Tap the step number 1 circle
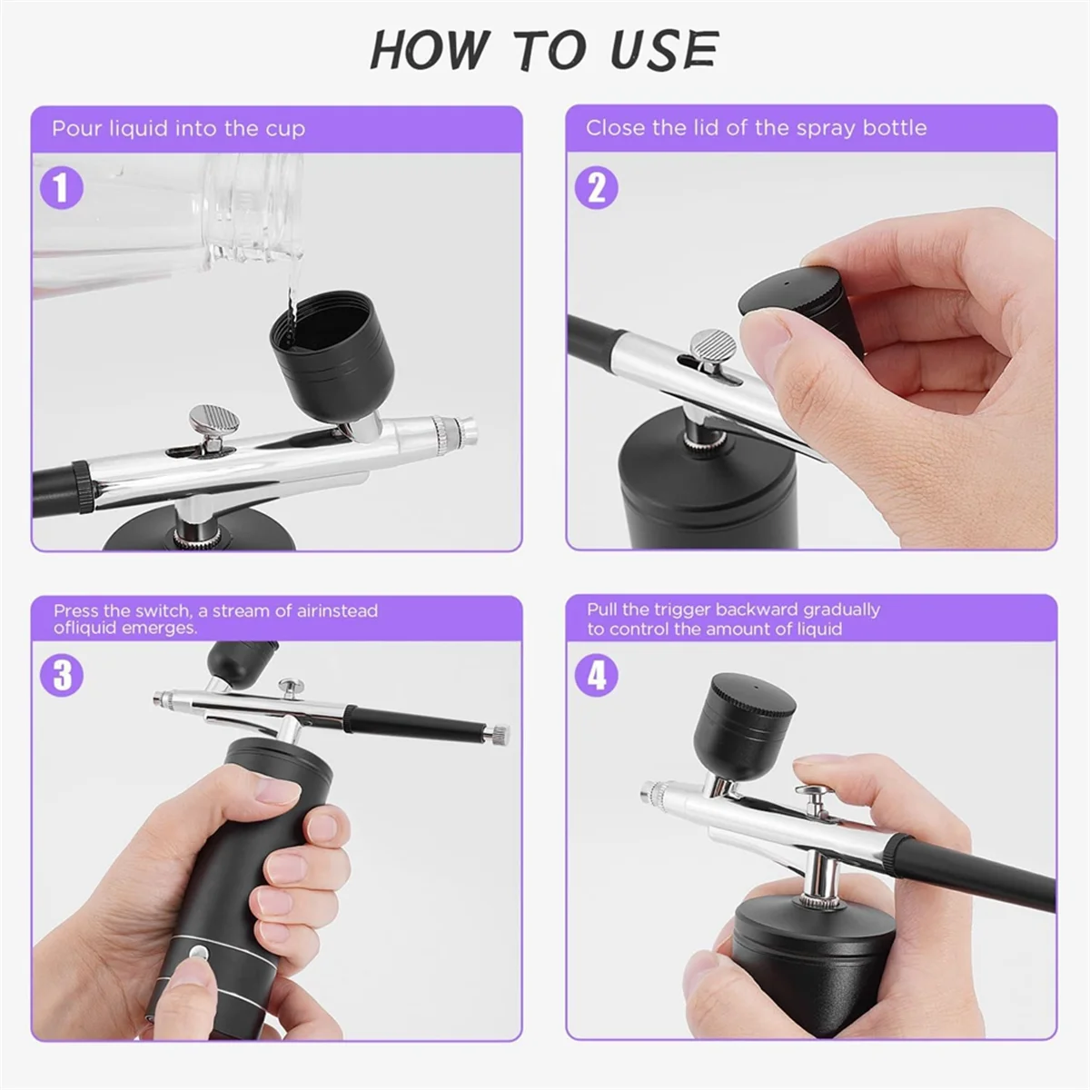pos(62,188)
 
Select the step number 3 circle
pos(62,676)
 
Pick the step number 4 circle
pos(597,676)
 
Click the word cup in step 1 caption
pos(285,128)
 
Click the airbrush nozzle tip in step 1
pos(466,426)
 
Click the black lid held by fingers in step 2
pos(787,301)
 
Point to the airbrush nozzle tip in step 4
pos(646,793)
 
